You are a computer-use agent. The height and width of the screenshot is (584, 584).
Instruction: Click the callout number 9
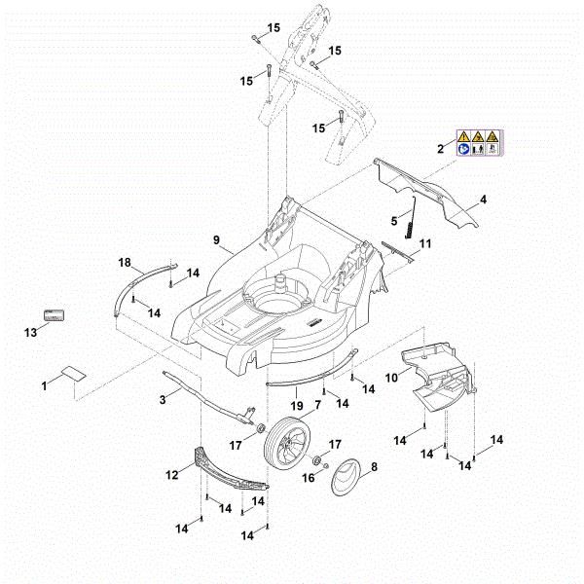[x=216, y=239]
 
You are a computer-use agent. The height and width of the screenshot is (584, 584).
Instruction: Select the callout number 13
[x=30, y=333]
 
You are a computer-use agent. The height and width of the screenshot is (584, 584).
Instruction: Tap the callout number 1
[x=44, y=387]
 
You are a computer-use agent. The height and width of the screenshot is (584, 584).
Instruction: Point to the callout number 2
[x=440, y=149]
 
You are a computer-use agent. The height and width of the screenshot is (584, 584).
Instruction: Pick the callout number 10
[x=391, y=376]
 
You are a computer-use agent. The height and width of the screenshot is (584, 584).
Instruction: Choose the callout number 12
[x=172, y=475]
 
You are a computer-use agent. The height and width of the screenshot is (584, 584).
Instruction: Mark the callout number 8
[x=374, y=468]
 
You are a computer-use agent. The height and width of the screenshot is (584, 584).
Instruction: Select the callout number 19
[x=295, y=404]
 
